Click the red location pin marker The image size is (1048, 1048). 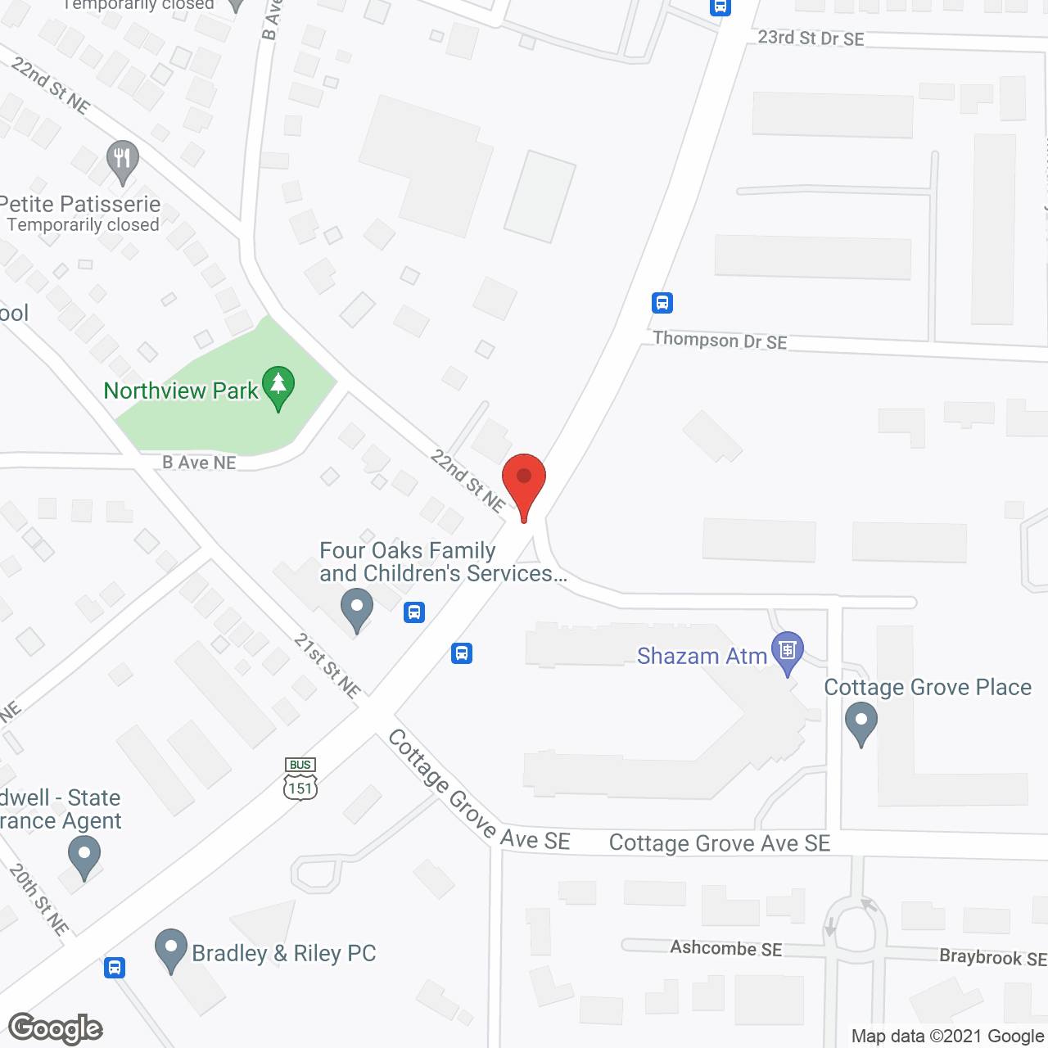coord(524,483)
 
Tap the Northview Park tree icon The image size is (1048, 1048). coord(278,386)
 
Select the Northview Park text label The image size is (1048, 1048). coord(181,391)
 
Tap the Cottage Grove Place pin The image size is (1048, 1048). coord(861,725)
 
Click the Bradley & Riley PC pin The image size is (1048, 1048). coord(171,949)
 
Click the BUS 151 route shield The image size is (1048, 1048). coord(300,779)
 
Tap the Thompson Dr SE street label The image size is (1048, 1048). coord(720,341)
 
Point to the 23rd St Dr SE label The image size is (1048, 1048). coord(811,38)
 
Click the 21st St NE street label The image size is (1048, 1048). coord(327,666)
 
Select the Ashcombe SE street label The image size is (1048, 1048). coord(726,948)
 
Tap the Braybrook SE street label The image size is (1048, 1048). coord(992,957)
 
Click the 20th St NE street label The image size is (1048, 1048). coord(38,899)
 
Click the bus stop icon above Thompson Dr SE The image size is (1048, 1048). coord(662,303)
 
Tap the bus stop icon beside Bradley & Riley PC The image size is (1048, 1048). coord(115,968)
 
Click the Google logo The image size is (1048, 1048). coord(56,1028)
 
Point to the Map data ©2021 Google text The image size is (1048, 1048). coord(948,1037)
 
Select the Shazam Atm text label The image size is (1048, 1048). coord(702,656)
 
